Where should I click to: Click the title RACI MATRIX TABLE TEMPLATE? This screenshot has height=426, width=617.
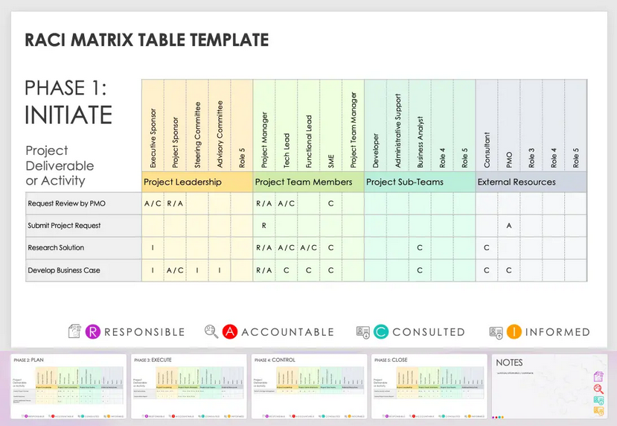147,40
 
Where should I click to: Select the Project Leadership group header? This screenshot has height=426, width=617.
182,182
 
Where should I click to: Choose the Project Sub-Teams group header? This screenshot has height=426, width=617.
405,182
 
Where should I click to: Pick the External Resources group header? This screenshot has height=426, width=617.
517,182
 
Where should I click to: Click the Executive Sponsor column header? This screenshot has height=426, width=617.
153,139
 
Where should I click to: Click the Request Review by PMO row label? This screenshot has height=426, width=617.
65,203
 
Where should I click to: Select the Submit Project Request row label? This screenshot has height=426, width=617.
64,226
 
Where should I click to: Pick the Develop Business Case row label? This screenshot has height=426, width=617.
64,270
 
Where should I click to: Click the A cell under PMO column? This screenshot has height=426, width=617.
509,226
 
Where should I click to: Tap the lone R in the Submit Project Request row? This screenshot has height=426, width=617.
264,226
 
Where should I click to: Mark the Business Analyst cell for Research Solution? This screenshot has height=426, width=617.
421,248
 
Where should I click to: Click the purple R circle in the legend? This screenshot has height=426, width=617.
94,331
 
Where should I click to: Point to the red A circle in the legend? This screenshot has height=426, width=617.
230,331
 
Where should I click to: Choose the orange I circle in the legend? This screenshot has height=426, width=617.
514,331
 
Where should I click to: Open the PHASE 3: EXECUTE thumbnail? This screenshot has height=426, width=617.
189,387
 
